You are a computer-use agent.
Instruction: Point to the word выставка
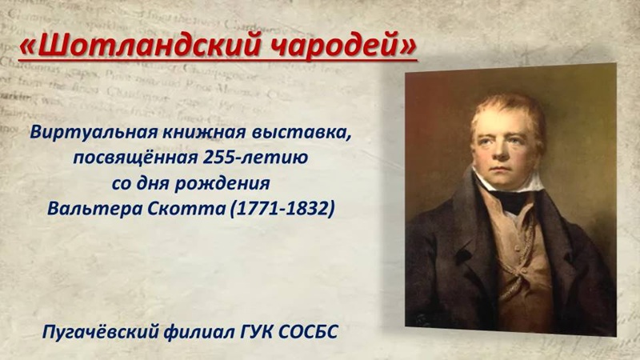click(302, 132)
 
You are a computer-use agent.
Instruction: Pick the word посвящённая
click(135, 158)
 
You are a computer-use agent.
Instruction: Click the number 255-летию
click(255, 157)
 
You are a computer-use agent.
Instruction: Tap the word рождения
click(222, 184)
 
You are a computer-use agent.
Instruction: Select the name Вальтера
click(94, 209)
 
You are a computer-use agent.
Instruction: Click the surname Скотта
click(186, 209)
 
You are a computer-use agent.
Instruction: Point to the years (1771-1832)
click(282, 209)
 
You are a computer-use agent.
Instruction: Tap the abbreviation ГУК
click(256, 332)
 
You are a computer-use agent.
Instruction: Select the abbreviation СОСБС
click(309, 332)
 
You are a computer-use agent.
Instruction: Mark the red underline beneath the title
click(218, 62)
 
